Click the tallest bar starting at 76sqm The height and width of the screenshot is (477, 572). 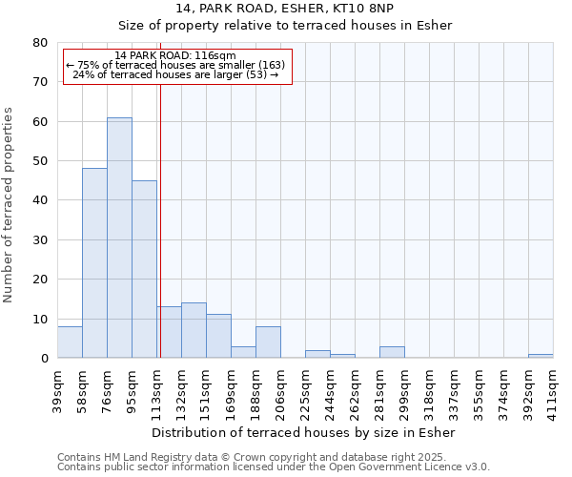point(119,238)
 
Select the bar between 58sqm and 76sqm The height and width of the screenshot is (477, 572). point(94,263)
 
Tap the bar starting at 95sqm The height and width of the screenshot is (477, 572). point(144,269)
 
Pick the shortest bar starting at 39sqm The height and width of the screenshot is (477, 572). point(70,342)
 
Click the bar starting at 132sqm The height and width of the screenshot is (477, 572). point(194,330)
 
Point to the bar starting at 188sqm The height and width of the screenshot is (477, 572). point(268,342)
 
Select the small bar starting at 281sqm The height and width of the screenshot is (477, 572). point(392,352)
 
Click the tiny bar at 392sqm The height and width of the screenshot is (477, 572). point(541,356)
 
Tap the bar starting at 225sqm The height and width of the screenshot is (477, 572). point(317,354)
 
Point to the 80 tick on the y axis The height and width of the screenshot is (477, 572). point(40,43)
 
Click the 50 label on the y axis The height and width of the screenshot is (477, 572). point(40,161)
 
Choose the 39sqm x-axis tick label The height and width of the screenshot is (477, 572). point(57,390)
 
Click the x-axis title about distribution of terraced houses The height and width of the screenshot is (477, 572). point(304,432)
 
